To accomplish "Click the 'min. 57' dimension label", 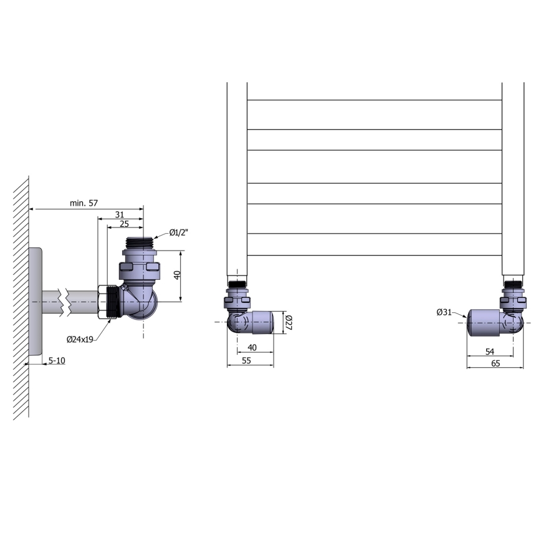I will pos(84,203).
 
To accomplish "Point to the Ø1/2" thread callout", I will pos(179,233).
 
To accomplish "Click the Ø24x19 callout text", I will pos(80,339).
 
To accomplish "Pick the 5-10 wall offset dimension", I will pos(57,361).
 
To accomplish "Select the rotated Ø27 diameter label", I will pos(289,322).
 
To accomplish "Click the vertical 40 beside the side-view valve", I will pos(177,275).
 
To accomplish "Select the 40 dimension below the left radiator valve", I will pos(252,347).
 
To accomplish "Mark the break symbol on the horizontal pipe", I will pos(62,301).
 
